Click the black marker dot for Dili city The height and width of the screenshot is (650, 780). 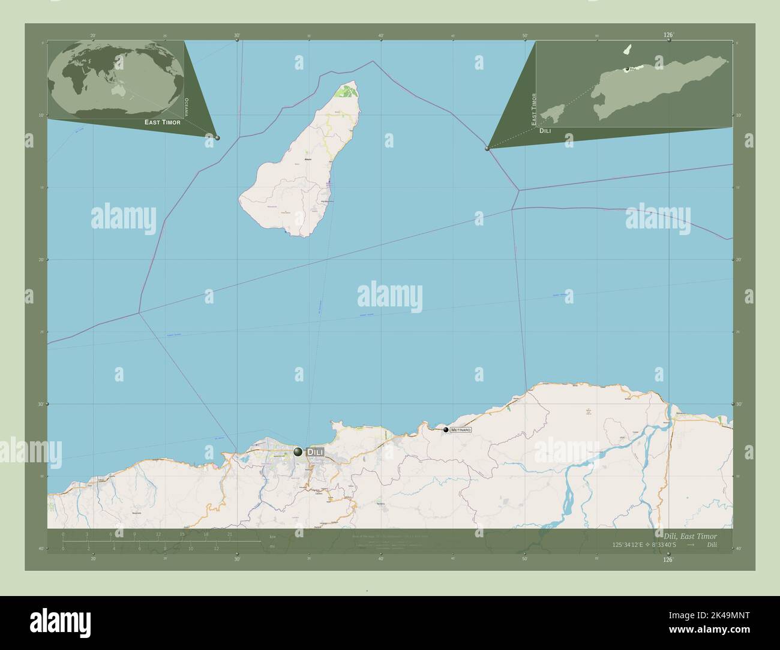coord(298,452)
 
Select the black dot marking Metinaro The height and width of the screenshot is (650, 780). coord(446,429)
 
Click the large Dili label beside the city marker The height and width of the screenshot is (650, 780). coord(315,452)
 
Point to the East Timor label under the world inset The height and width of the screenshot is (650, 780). coord(162,122)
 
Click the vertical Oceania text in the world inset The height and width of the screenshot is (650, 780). coord(187,106)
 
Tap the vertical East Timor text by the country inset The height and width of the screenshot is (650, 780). coord(533,109)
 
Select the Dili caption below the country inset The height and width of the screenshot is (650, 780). coord(545,130)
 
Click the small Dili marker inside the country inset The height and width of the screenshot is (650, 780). coord(627,69)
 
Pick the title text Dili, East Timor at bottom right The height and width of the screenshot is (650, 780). coord(689,535)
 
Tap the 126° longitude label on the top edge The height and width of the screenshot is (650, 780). coord(668,35)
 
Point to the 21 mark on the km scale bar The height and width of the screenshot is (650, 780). coord(230,534)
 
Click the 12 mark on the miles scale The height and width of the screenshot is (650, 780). coord(216,549)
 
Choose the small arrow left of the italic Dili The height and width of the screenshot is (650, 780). coord(691,545)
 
